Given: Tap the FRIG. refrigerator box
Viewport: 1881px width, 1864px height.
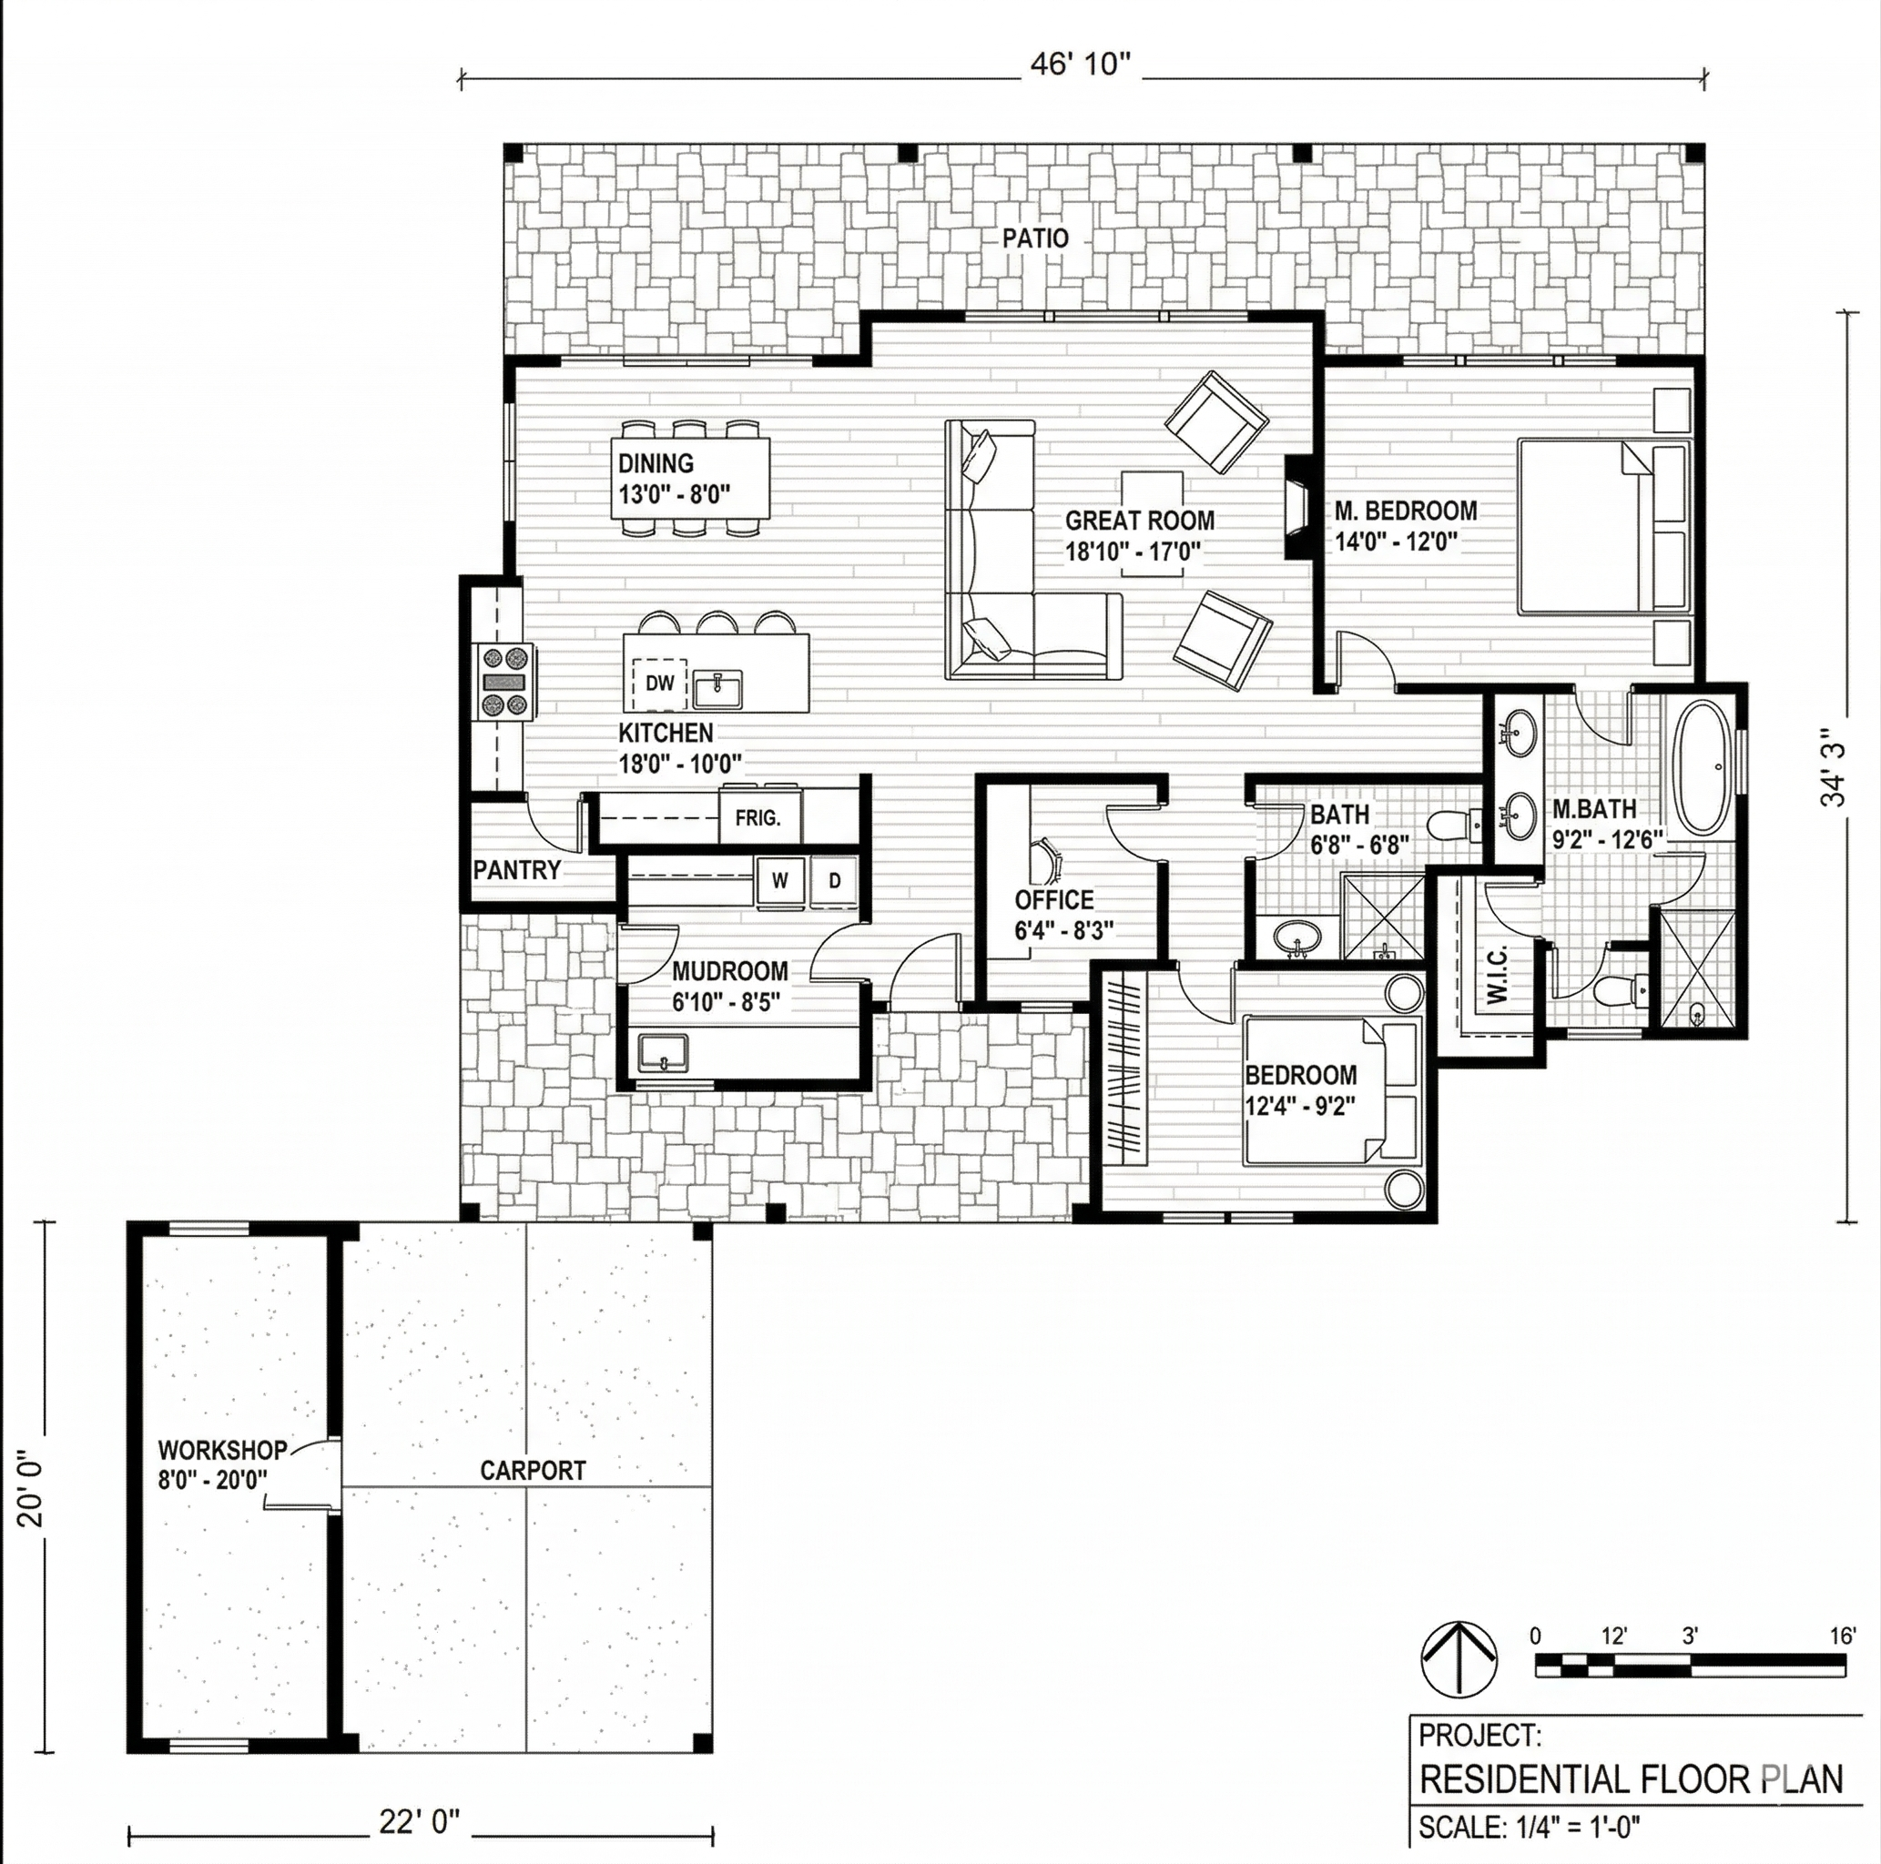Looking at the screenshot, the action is point(759,817).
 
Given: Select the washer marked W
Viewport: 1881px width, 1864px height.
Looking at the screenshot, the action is point(781,881).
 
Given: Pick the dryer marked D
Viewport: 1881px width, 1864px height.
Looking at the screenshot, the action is point(834,881).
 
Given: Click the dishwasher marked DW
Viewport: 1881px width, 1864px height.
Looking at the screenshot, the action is point(660,684).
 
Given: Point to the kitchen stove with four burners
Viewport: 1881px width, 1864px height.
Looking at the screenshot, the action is point(504,684).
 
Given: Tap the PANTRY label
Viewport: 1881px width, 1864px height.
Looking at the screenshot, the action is point(517,870).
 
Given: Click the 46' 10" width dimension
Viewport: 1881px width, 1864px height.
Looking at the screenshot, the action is point(1082,66).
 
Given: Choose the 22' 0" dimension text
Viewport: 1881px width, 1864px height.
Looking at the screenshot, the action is point(419,1822).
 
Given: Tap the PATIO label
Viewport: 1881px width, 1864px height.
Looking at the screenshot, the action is point(1036,238).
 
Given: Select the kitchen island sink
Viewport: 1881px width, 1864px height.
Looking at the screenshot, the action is point(717,689).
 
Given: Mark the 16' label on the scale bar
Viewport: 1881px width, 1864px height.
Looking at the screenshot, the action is point(1842,1636).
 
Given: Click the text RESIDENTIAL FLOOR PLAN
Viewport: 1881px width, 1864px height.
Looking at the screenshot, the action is point(1632,1779).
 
